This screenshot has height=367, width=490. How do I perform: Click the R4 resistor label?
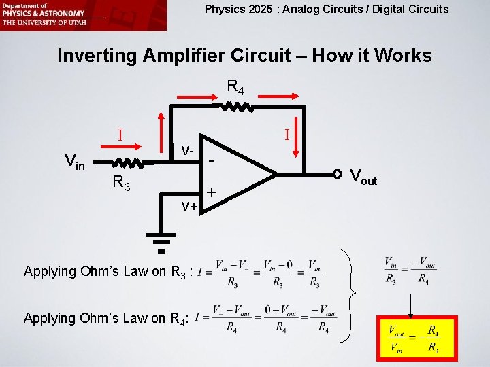[235, 88]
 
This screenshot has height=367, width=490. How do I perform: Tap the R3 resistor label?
[122, 181]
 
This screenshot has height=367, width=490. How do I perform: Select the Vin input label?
[74, 162]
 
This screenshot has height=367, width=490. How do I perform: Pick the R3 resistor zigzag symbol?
[127, 163]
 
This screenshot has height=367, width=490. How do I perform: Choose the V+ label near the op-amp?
[189, 206]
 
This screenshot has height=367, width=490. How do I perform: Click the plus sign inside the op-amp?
[212, 193]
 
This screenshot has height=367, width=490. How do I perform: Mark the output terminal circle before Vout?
[337, 174]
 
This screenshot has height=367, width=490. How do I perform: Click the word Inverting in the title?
[98, 55]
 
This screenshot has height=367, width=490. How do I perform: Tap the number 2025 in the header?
[257, 9]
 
